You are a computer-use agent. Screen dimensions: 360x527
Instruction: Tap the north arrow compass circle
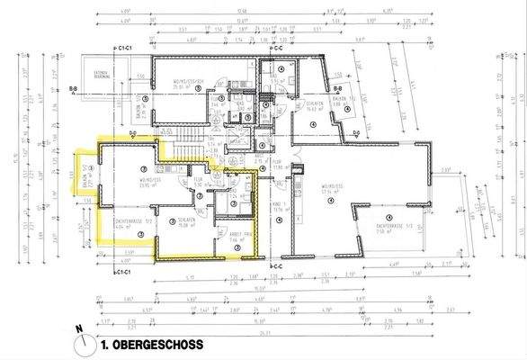click(x=86, y=344)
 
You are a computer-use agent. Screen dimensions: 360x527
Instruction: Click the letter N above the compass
click(x=79, y=329)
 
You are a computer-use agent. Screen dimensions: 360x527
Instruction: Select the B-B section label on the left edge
click(x=73, y=91)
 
